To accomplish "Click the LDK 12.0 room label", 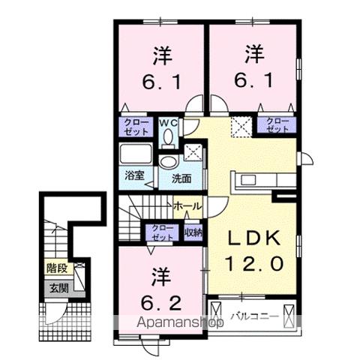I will (254, 251).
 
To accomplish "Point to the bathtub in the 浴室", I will (134, 157).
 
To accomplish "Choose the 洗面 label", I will (181, 179).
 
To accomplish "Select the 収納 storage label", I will (193, 232).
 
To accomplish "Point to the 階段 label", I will (57, 265).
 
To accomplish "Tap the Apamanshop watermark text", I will (180, 324).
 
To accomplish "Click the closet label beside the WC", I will (135, 124).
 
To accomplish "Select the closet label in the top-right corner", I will (277, 124).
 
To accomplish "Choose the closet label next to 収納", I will (161, 232).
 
